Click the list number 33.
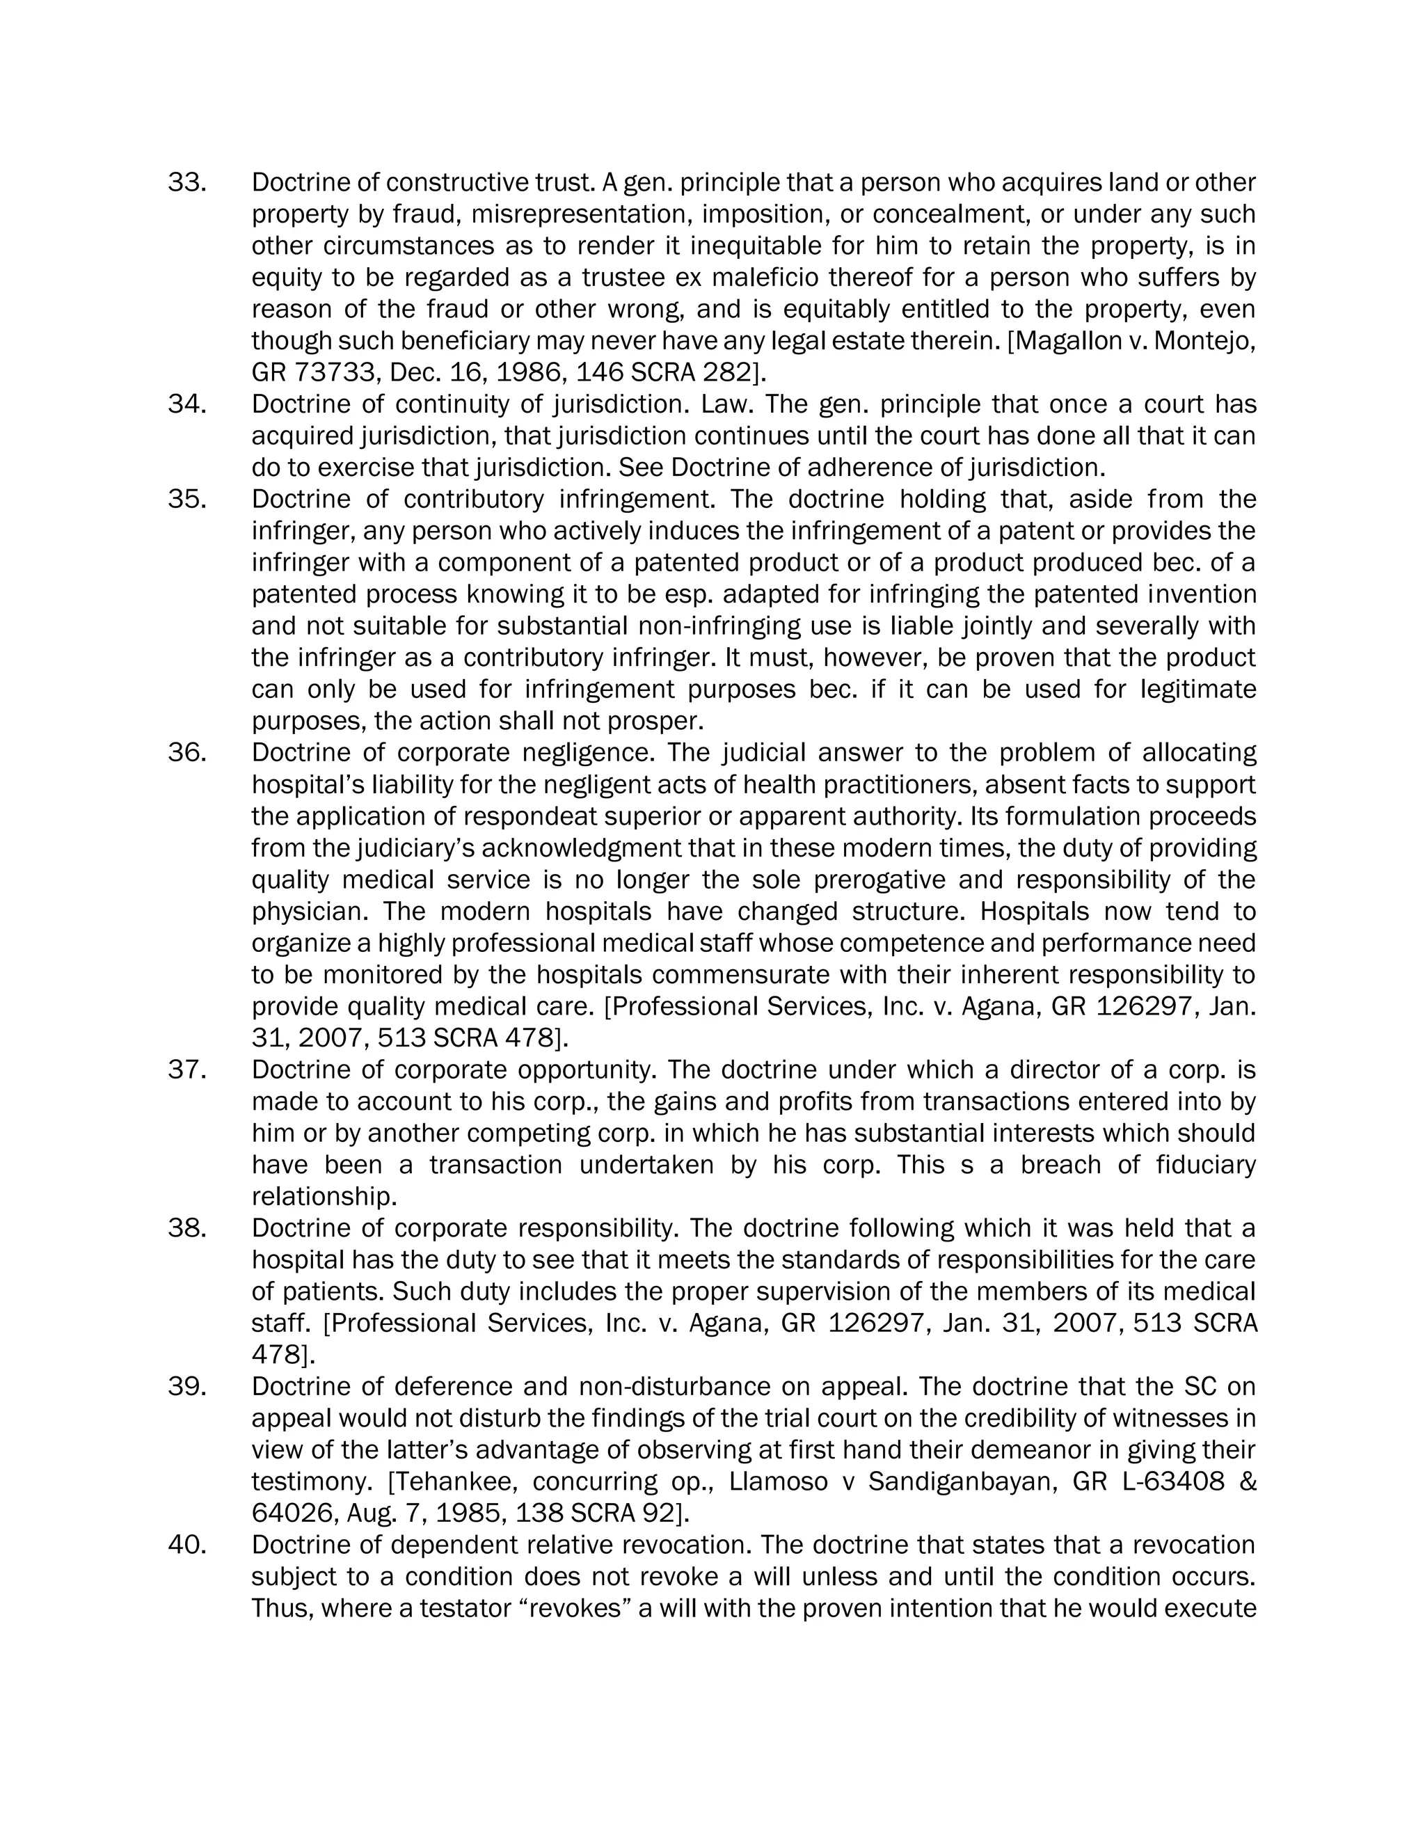tap(186, 182)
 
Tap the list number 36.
tap(186, 752)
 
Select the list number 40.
tap(186, 1545)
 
